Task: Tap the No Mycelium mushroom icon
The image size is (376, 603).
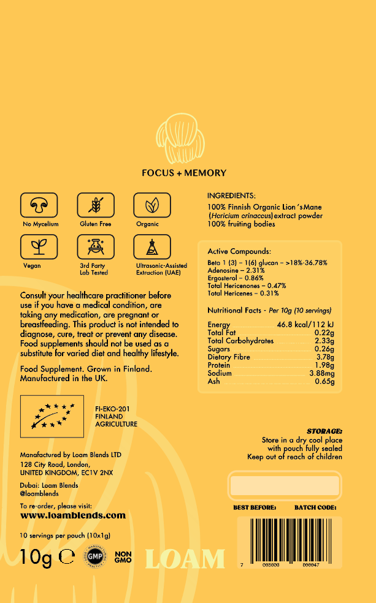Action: point(40,205)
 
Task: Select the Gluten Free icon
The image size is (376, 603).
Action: point(96,205)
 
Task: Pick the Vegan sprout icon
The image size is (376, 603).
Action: point(40,247)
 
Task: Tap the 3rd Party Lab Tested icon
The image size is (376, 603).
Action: point(96,247)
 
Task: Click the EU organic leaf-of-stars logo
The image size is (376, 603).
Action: point(52,416)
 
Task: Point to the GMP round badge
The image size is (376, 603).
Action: point(94,557)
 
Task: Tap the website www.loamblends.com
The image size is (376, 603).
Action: point(73,516)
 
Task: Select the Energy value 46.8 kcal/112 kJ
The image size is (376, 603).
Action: point(305,325)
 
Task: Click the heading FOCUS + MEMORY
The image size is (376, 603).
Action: point(184,173)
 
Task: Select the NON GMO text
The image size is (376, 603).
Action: point(123,557)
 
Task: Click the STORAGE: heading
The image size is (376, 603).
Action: point(324,431)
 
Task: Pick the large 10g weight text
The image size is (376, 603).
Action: point(36,557)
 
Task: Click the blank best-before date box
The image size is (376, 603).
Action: point(283,486)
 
